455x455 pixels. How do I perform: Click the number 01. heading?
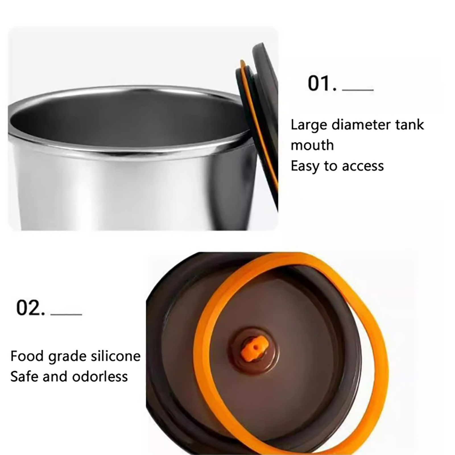[322, 83]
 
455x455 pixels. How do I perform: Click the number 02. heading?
[31, 308]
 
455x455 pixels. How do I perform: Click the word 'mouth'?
[312, 145]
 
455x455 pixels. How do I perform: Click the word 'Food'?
[27, 356]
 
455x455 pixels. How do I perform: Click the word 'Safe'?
[24, 377]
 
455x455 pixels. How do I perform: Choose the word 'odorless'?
[100, 377]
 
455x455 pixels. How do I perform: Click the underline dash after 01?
[358, 90]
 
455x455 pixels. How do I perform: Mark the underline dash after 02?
[66, 314]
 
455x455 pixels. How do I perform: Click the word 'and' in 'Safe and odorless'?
[55, 377]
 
